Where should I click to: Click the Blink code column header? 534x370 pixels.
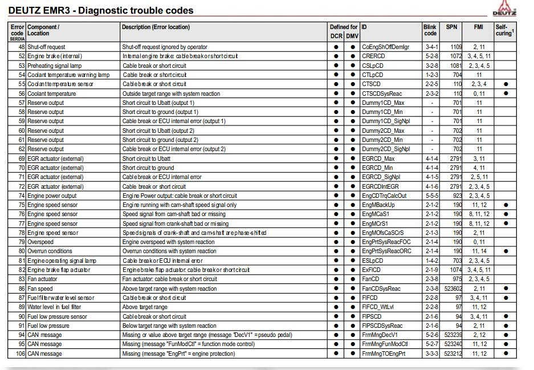pos(430,30)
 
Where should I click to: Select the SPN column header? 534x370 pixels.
pos(451,27)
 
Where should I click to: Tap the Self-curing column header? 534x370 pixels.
pos(504,30)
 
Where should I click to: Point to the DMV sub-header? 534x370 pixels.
pos(352,36)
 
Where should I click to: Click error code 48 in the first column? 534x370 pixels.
pos(22,47)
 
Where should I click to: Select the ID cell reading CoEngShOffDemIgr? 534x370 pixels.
pos(385,47)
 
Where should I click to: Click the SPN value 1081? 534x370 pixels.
pos(455,66)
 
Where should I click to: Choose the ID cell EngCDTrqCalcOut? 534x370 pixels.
pos(384,196)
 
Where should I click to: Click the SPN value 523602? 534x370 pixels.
pos(453,288)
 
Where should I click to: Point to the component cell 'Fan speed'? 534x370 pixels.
pos(40,288)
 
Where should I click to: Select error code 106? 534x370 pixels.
pos(20,353)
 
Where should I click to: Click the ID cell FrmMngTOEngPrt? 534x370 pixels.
pos(384,353)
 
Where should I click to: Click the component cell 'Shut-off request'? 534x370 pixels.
pos(46,47)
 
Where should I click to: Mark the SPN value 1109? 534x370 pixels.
pos(455,47)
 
